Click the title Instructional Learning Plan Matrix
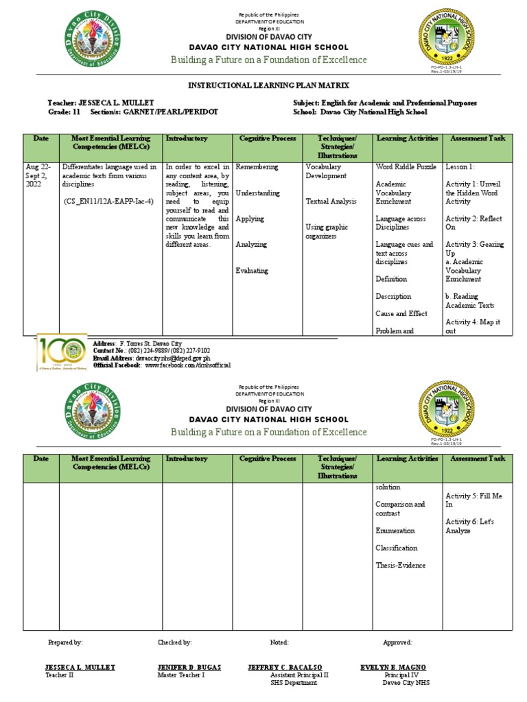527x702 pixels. point(269,85)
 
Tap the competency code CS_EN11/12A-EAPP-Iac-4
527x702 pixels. point(108,202)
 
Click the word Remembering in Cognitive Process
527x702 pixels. point(257,167)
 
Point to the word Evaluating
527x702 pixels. point(252,270)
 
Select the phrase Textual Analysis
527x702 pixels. point(331,202)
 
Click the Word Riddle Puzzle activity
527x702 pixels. point(406,167)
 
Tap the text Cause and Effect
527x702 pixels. point(401,313)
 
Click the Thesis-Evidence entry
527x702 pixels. point(400,565)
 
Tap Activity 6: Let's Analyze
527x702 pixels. point(469,526)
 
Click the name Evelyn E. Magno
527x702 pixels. point(393,667)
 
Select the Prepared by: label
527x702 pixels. point(65,642)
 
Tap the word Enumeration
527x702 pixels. point(395,531)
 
